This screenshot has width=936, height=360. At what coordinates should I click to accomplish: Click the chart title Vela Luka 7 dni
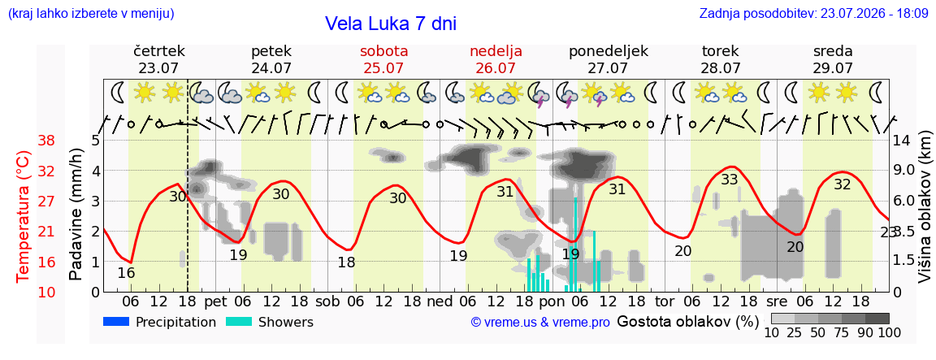(x=390, y=24)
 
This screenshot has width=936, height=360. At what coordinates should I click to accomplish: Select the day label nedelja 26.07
(x=496, y=59)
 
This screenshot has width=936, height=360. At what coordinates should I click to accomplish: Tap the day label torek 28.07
(x=721, y=59)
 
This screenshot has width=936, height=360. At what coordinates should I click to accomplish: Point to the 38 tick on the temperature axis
(x=46, y=141)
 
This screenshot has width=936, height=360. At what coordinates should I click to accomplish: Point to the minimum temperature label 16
(x=127, y=257)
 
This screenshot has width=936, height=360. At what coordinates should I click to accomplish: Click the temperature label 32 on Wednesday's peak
(x=842, y=184)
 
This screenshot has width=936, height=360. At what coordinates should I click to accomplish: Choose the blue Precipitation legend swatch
(x=116, y=322)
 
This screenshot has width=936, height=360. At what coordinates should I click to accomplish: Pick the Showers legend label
(x=285, y=323)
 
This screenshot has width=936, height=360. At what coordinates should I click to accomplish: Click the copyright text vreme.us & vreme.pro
(x=540, y=323)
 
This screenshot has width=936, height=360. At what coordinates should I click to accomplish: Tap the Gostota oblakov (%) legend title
(x=687, y=322)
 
